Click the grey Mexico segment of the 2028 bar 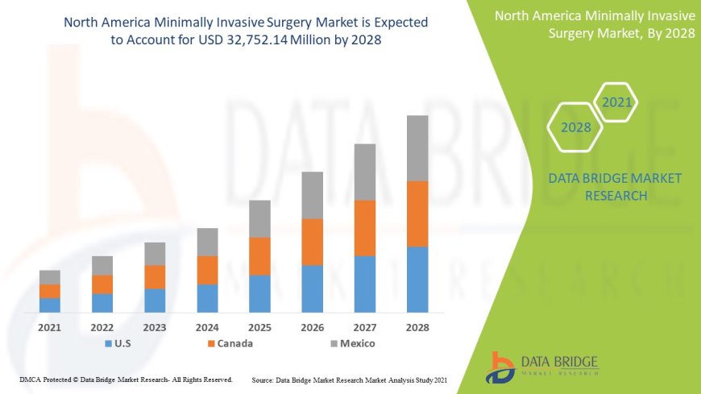tap(417, 148)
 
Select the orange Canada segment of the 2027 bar tap(365, 228)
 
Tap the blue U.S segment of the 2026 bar tap(312, 288)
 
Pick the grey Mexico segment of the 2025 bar tap(259, 218)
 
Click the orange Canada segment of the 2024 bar tap(207, 270)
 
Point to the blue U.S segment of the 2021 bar tap(50, 305)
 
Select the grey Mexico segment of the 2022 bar tap(102, 265)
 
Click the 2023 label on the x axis tap(155, 328)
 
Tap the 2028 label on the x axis tap(417, 328)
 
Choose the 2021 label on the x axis tap(50, 328)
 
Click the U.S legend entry tap(118, 344)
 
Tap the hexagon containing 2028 tap(575, 127)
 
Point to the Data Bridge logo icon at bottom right tap(501, 367)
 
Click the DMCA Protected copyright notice tap(126, 379)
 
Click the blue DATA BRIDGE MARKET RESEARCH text tap(615, 186)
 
